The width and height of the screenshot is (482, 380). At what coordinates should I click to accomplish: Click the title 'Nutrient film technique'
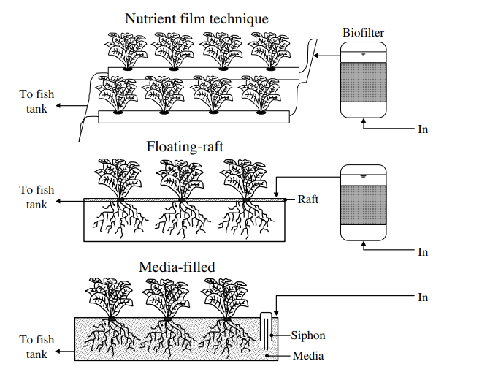pos(196,18)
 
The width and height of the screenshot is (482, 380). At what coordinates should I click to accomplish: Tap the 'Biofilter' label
pos(363,33)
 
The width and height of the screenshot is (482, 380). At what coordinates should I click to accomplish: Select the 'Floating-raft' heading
pos(185,147)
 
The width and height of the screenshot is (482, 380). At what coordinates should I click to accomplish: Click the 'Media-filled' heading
pos(177,267)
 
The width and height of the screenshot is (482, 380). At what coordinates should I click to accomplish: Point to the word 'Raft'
pos(309,199)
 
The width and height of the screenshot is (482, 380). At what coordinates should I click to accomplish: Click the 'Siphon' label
pos(307,335)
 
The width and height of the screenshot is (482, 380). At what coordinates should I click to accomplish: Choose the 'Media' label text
pos(307,356)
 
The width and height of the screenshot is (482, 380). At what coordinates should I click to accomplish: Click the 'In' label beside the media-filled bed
pos(423,297)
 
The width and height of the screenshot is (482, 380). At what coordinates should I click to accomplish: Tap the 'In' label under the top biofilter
pos(423,129)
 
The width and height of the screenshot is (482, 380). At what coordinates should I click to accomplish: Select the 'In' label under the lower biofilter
pos(423,252)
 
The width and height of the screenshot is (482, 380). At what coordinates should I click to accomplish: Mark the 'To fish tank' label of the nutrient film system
pos(37,102)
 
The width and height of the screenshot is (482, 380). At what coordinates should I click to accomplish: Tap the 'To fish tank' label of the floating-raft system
pos(37,197)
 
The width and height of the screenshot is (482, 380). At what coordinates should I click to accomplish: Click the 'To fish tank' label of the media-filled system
pos(37,347)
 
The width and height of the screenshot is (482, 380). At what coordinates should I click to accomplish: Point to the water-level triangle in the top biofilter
pos(363,53)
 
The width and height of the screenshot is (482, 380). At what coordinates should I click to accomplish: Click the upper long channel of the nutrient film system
pos(204,73)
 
